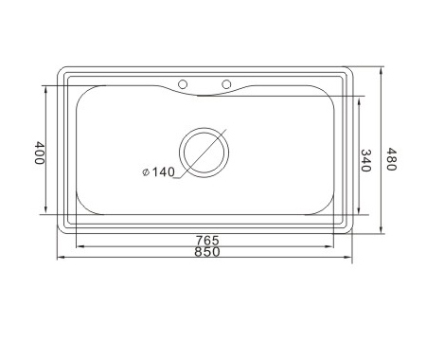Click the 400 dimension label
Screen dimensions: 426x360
39,153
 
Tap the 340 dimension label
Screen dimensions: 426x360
365,160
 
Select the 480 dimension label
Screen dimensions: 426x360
391,159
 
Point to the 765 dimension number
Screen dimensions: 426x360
207,241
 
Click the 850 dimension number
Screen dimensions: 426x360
207,252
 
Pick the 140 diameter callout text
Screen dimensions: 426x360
163,172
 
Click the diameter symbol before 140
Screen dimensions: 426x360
146,172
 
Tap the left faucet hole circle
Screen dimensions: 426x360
183,84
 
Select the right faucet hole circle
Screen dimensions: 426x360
226,84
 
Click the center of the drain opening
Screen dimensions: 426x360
204,153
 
